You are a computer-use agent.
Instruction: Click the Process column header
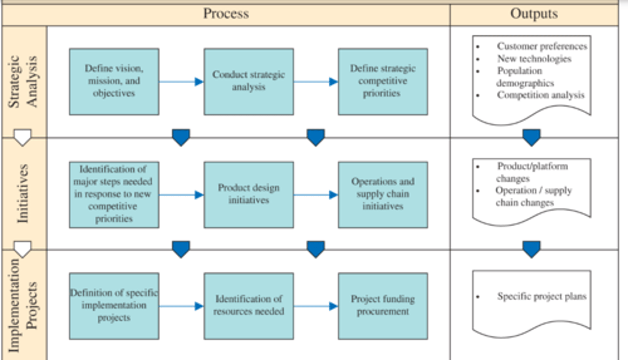coord(226,14)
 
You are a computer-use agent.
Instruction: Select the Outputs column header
coord(534,14)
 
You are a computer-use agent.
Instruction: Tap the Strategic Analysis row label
coord(24,81)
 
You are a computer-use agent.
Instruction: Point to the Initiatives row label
coord(24,194)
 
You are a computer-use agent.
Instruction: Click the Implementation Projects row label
coord(24,305)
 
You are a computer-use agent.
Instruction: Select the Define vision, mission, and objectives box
coord(114,82)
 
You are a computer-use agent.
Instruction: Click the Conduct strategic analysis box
coord(249,82)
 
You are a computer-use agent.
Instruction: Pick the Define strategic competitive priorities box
coord(382,82)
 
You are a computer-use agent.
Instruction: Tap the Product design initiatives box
coord(249,194)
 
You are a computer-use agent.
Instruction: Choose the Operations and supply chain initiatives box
coord(382,194)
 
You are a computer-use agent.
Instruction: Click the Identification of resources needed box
coord(249,306)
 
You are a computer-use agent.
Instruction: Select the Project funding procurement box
coord(382,306)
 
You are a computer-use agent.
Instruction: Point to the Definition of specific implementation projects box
coord(114,306)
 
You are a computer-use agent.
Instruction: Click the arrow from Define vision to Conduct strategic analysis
coord(181,82)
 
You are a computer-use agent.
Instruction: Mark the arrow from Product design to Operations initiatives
coord(315,195)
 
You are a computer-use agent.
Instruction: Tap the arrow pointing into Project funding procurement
coord(315,306)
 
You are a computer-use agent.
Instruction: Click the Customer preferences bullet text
coord(542,46)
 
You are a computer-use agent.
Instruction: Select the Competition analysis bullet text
coord(540,95)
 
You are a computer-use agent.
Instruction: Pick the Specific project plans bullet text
coord(542,296)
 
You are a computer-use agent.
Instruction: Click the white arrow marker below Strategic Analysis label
coord(23,137)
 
